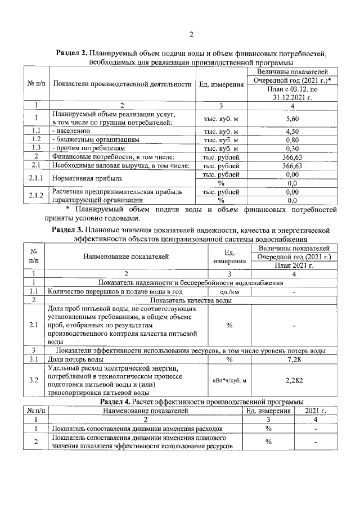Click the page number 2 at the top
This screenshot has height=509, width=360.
(191, 35)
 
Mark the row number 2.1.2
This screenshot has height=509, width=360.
(36, 195)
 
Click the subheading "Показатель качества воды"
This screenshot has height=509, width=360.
(190, 300)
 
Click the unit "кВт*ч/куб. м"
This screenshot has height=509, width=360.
(229, 381)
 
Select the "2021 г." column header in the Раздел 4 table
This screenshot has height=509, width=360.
(315, 411)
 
